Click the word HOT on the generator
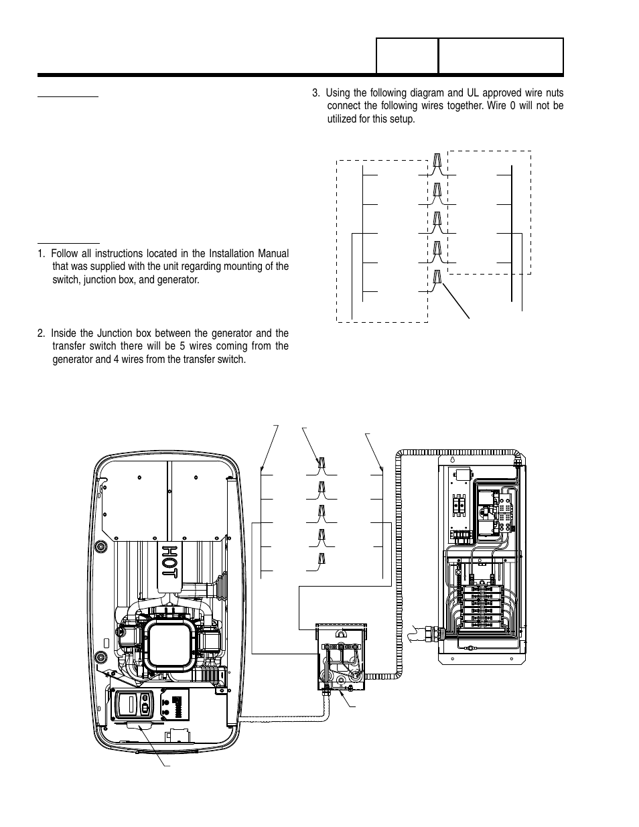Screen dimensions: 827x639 tap(169, 560)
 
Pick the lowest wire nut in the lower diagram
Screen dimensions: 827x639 tap(322, 559)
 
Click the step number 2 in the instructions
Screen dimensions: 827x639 tap(41, 333)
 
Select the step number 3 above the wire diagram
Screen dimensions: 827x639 tap(315, 92)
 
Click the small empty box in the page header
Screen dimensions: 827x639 tap(407, 56)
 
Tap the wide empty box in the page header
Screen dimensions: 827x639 tap(500, 56)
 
